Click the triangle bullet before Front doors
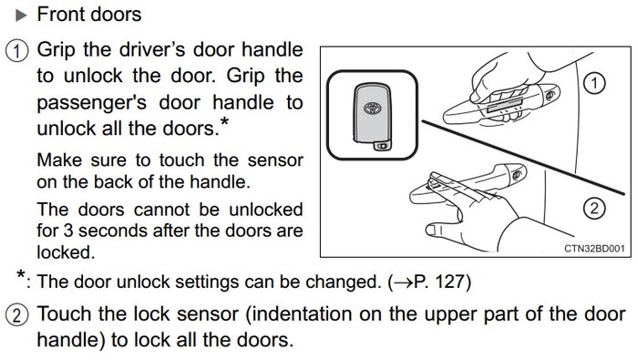(x=21, y=15)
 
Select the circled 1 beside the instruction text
(x=16, y=52)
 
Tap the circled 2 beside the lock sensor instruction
(x=16, y=315)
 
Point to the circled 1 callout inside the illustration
(x=594, y=83)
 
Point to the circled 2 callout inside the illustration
(x=594, y=209)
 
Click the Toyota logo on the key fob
(x=372, y=108)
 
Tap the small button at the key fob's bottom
(x=382, y=146)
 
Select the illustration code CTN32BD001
(x=594, y=248)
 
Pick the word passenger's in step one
(x=91, y=102)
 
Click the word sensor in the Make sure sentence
(x=275, y=160)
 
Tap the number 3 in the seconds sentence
(x=68, y=231)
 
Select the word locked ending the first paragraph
(x=64, y=252)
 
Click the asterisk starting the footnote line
(x=21, y=274)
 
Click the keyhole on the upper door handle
(x=551, y=96)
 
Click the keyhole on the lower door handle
(x=517, y=175)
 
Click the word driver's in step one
(x=152, y=50)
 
